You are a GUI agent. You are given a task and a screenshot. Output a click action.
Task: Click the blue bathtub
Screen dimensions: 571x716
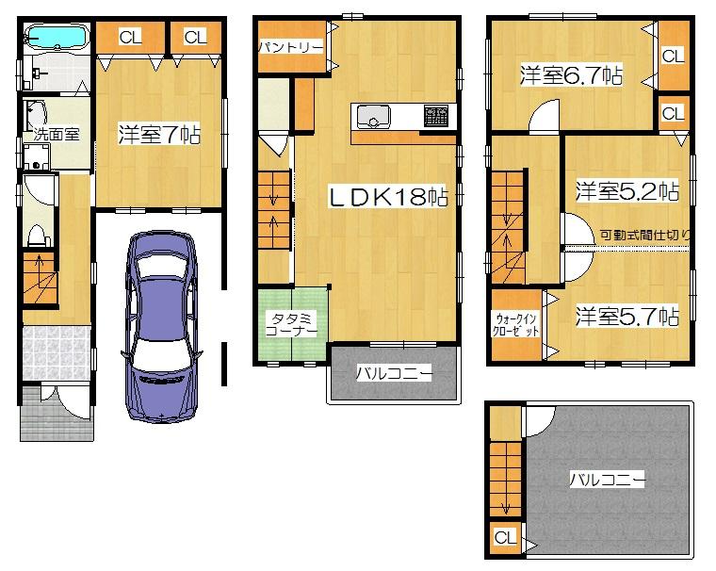click(x=56, y=39)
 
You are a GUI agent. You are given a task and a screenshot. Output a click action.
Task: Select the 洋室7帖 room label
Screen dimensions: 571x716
click(x=158, y=134)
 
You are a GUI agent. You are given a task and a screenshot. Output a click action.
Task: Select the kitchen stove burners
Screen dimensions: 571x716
click(x=436, y=117)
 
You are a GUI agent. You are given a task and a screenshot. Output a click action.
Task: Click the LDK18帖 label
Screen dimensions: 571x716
click(x=387, y=197)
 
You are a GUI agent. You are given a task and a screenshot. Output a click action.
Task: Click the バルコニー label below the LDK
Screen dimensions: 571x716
click(x=394, y=374)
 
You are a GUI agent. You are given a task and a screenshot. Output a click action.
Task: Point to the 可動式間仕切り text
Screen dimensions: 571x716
click(x=648, y=236)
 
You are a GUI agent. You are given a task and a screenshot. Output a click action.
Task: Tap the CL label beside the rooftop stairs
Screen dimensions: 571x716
click(x=506, y=538)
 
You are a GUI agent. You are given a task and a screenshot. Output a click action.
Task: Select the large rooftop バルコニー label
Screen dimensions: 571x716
click(x=607, y=480)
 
